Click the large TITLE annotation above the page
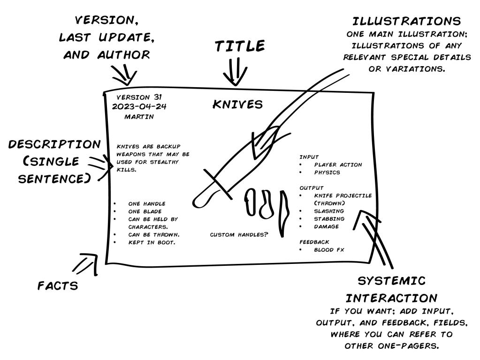pyautogui.click(x=240, y=46)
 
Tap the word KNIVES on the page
pyautogui.click(x=237, y=104)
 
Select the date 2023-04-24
pyautogui.click(x=139, y=106)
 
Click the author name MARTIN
pyautogui.click(x=137, y=116)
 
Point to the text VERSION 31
pyautogui.click(x=139, y=97)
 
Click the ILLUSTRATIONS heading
pyautogui.click(x=406, y=22)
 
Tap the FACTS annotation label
pyautogui.click(x=57, y=285)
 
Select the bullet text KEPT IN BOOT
pyautogui.click(x=151, y=242)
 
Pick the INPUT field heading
pyautogui.click(x=309, y=157)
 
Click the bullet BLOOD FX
pyautogui.click(x=329, y=250)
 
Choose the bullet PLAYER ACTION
pyautogui.click(x=338, y=165)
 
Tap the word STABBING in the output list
pyautogui.click(x=329, y=219)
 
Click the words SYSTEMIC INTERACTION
pyautogui.click(x=392, y=289)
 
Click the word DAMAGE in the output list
pyautogui.click(x=326, y=227)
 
